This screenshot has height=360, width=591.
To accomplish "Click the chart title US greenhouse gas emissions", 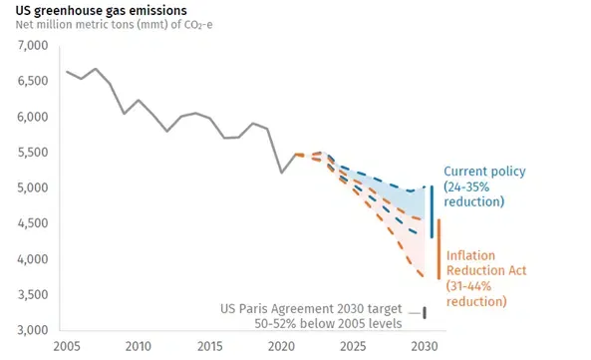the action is tap(101, 11).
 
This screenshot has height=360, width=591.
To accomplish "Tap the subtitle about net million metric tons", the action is tap(114, 25).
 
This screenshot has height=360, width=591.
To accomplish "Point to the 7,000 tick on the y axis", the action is tap(33, 46).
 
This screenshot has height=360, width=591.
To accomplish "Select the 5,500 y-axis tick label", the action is tap(33, 153).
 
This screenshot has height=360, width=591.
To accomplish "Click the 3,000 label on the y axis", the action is tap(33, 330).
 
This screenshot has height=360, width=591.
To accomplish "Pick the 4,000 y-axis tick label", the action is tap(33, 259).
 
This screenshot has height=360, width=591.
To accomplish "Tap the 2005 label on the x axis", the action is tap(67, 346).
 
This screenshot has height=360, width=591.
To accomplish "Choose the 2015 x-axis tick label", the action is tap(210, 346).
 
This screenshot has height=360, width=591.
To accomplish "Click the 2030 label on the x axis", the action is tap(425, 346).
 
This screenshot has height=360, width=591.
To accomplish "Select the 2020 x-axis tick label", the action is tap(282, 346).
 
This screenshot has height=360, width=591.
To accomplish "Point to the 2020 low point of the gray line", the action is tap(282, 173).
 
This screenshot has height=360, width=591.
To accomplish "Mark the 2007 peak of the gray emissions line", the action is tap(96, 69).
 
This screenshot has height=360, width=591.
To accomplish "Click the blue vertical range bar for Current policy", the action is tap(432, 211).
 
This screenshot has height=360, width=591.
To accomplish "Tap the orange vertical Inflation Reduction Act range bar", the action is tap(439, 249).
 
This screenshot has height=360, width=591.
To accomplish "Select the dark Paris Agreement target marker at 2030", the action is tap(425, 313).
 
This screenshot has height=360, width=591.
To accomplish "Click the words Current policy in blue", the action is tap(484, 172).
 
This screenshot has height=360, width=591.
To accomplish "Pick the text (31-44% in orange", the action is tap(468, 286).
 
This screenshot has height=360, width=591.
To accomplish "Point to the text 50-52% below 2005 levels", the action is tap(328, 324).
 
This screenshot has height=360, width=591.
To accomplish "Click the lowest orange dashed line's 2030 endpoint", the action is tap(424, 277).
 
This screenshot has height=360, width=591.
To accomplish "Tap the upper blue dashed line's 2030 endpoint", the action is tap(425, 186).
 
